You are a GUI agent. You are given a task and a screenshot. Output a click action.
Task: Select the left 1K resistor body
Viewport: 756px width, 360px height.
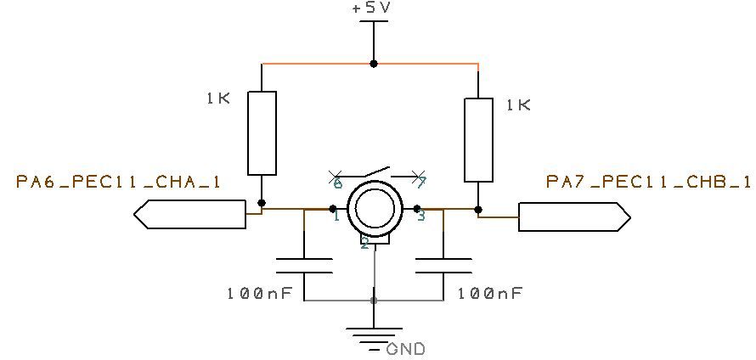262,132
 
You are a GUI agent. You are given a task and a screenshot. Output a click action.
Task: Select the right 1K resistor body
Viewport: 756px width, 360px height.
479,140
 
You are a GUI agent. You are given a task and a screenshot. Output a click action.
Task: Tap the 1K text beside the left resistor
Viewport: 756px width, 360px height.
217,98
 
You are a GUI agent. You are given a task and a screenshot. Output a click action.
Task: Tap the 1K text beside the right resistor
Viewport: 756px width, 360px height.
517,105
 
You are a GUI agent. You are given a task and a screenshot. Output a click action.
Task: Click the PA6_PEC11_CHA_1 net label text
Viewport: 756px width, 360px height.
119,182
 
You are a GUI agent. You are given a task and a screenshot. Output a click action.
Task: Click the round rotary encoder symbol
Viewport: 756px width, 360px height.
375,209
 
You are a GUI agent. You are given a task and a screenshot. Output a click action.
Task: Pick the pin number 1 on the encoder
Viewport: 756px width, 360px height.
336,217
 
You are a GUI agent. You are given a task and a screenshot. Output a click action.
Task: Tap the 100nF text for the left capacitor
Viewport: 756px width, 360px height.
259,293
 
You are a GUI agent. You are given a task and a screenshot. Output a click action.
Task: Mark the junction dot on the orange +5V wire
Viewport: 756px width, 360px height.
374,64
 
